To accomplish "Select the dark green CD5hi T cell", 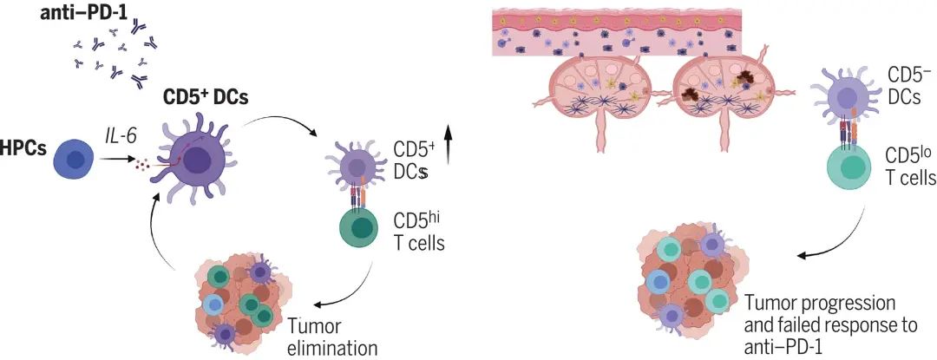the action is [x=360, y=229].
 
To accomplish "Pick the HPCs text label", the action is [x=23, y=148].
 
